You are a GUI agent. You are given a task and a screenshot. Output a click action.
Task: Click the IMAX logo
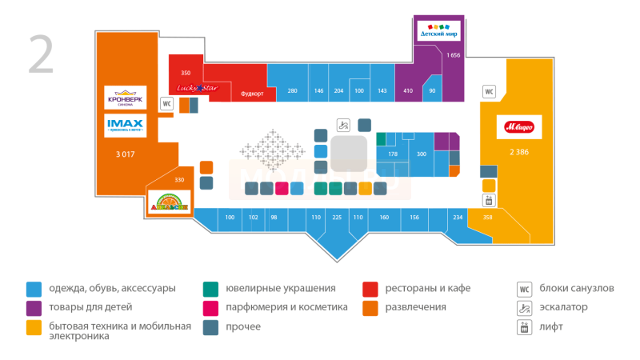(x=124, y=126)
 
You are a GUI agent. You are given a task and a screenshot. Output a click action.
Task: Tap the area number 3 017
(x=125, y=153)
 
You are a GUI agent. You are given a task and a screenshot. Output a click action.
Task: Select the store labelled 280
(x=292, y=91)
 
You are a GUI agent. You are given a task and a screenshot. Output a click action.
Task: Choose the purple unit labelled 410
(x=408, y=91)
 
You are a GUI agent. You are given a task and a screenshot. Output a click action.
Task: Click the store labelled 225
(x=337, y=218)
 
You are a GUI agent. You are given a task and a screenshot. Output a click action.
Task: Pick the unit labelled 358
(x=487, y=218)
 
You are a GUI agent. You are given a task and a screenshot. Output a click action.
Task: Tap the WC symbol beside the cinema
(x=167, y=103)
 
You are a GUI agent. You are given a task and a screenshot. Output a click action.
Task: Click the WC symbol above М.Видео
(x=489, y=92)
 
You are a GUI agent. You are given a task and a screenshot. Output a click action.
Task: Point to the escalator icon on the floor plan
(x=343, y=125)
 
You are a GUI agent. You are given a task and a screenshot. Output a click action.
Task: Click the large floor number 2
(x=42, y=54)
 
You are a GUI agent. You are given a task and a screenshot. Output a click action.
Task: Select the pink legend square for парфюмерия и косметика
(x=210, y=307)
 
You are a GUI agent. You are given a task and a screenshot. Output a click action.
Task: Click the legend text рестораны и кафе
(x=427, y=288)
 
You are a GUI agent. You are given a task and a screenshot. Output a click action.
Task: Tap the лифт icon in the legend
(x=525, y=326)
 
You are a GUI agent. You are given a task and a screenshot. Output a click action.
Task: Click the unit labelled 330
(x=179, y=180)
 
